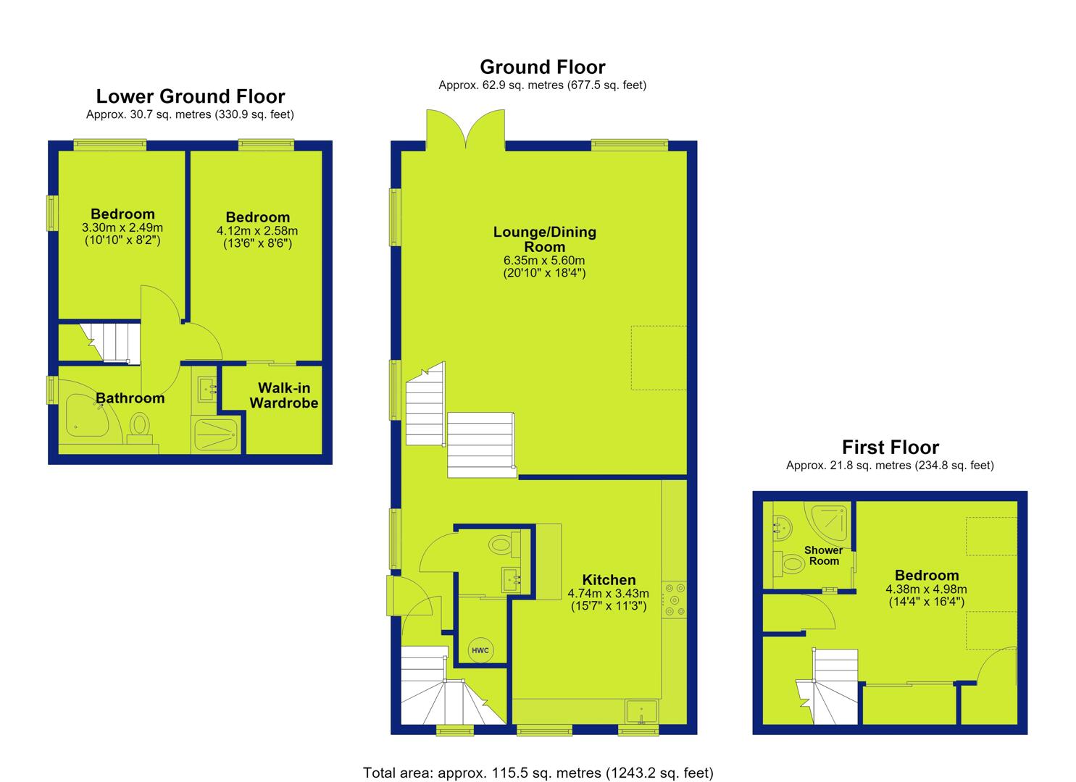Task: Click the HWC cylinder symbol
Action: point(480,650)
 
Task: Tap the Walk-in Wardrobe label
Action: point(284,395)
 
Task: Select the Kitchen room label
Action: point(609,579)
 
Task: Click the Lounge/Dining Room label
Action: point(545,239)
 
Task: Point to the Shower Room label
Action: point(823,555)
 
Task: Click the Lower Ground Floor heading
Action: point(191,96)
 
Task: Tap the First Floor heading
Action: point(890,447)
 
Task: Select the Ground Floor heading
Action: point(543,67)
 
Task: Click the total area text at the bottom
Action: point(538,773)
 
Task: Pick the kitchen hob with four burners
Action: point(674,600)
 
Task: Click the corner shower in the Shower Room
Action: point(831,522)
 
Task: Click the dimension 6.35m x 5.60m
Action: point(544,261)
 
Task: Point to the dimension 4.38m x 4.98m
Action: point(926,589)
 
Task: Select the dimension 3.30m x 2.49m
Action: point(122,227)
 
